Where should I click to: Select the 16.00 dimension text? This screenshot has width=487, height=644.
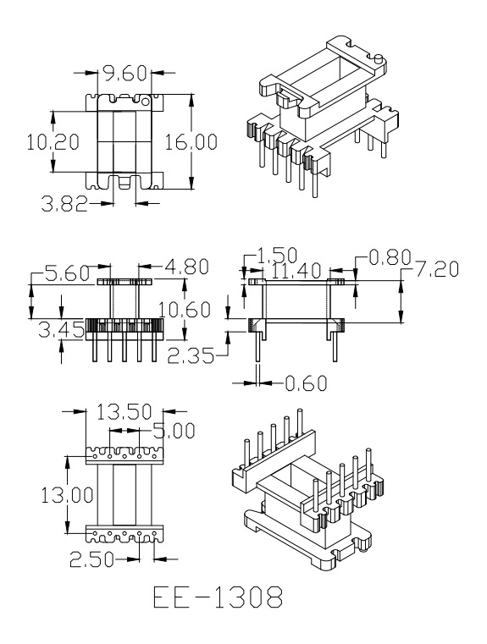191,142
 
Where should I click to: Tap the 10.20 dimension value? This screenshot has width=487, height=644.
53,142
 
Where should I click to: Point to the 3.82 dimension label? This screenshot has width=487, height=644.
65,204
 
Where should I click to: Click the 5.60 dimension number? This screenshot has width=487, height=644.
68,273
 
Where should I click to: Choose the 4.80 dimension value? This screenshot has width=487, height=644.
186,267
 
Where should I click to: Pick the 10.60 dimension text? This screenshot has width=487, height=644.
185,309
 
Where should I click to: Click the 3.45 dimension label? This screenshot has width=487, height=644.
62,329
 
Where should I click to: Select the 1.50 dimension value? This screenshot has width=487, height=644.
277,256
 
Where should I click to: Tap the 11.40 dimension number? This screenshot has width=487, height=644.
296,271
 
